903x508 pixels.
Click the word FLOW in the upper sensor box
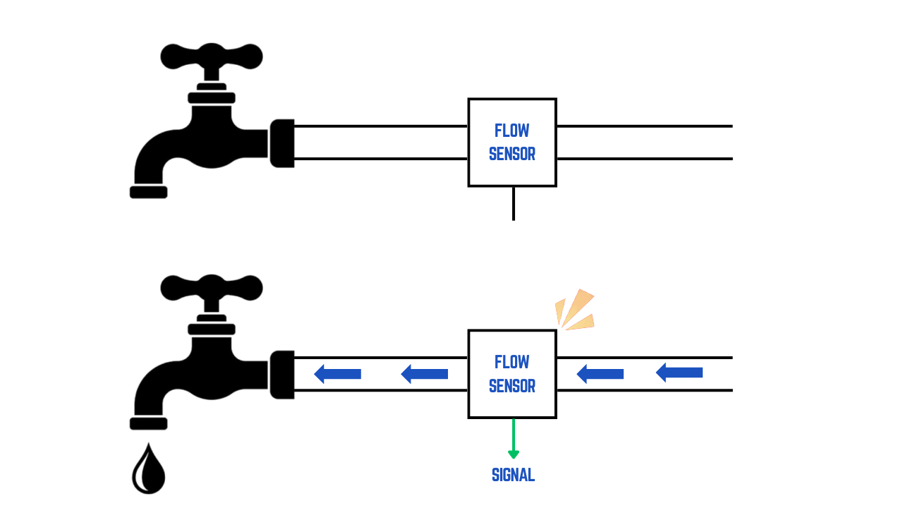tap(512, 131)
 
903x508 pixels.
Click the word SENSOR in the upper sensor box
tap(512, 154)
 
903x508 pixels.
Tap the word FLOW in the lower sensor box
tap(512, 362)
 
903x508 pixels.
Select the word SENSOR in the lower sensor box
tap(512, 386)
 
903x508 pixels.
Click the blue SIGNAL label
tap(513, 476)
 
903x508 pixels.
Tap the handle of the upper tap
tap(212, 56)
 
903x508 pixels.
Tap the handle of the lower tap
tap(212, 288)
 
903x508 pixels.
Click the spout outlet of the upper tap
tap(149, 192)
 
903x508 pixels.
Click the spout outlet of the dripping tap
tap(149, 423)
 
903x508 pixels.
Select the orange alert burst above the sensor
tap(576, 310)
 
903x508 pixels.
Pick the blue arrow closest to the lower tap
tap(338, 374)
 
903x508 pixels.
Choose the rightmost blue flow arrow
tap(679, 373)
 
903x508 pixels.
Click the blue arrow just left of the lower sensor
tap(425, 374)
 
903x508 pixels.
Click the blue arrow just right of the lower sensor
tap(600, 374)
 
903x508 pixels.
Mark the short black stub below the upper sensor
tap(514, 203)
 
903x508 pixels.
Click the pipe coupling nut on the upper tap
tap(282, 143)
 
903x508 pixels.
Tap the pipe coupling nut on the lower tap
tap(282, 375)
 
